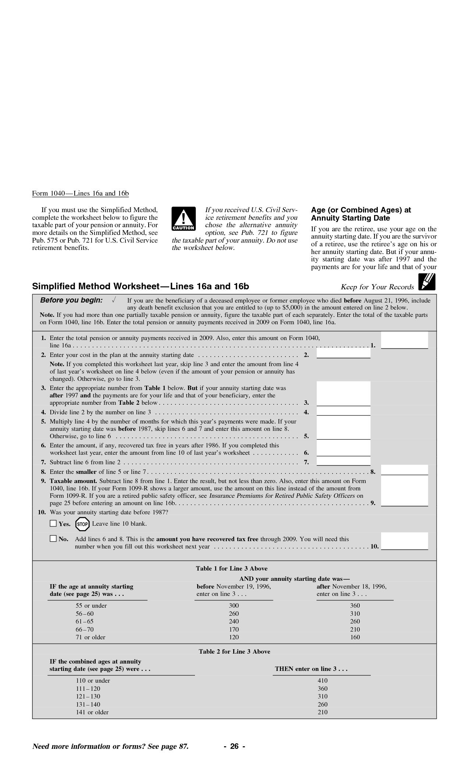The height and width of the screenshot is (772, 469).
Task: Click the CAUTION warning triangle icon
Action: [183, 219]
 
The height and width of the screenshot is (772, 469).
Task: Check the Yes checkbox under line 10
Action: [53, 523]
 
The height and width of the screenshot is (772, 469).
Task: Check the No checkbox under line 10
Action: [53, 539]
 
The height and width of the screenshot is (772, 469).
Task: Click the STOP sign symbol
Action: [82, 524]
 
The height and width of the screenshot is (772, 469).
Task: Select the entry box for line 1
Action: [404, 340]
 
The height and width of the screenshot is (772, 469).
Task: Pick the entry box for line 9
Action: [404, 491]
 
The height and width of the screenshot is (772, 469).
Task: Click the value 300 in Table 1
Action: [234, 605]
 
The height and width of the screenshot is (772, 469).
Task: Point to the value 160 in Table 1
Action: [355, 637]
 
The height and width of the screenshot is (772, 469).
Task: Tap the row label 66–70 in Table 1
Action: [85, 629]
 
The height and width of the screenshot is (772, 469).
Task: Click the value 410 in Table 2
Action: [323, 680]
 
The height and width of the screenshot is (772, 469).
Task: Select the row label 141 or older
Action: [92, 712]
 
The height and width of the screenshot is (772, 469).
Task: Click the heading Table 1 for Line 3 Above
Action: [231, 568]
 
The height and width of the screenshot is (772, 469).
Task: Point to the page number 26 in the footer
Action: [234, 746]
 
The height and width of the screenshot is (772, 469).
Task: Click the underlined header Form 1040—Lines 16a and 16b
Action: [80, 193]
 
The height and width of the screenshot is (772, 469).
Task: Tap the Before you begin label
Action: [71, 300]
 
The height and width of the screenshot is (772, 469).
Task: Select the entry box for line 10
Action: [404, 541]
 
